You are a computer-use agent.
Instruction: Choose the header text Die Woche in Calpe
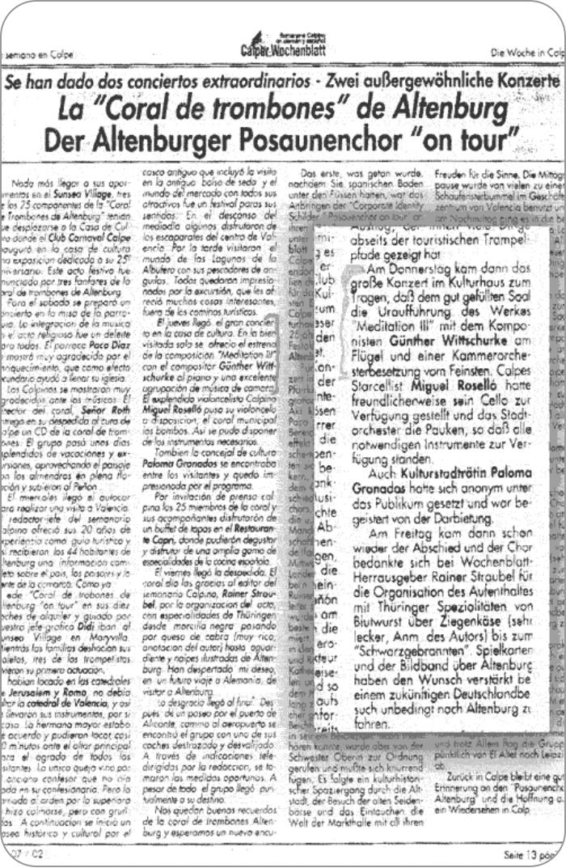526,53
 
